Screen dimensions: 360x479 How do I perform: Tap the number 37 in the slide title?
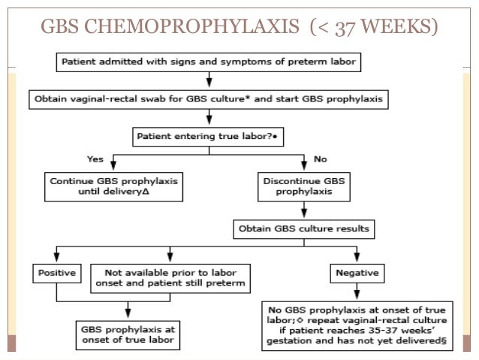click(x=338, y=28)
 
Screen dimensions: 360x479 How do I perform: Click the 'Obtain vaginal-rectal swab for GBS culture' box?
click(x=209, y=98)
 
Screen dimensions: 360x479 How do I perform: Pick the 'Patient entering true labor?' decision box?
click(x=209, y=137)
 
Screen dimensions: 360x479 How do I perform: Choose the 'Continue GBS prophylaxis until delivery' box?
click(x=112, y=186)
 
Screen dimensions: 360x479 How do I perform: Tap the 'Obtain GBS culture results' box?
click(x=303, y=228)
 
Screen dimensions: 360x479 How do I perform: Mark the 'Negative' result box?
click(x=357, y=272)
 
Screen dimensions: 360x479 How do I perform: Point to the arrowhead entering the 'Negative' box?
click(x=357, y=257)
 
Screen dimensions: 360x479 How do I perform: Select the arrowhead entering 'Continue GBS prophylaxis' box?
click(x=112, y=168)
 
